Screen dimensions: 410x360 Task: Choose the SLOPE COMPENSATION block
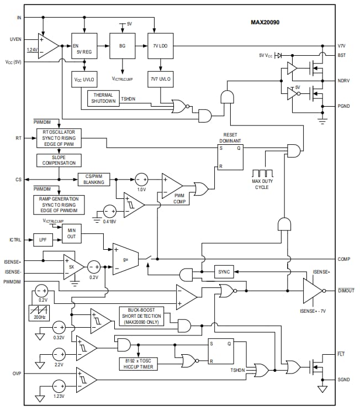[x=59, y=160]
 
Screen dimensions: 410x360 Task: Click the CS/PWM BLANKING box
[x=94, y=179]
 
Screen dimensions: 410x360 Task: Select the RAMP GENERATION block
[x=59, y=204]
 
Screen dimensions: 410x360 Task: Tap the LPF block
[x=43, y=240]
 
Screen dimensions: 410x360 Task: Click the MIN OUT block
[x=71, y=233]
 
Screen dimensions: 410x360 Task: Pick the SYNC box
[x=224, y=272]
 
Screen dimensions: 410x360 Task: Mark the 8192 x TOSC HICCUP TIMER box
[x=137, y=364]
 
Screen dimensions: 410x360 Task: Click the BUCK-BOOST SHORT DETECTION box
[x=141, y=316]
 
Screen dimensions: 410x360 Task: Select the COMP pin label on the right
[x=343, y=259]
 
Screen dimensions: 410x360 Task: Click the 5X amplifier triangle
[x=72, y=266]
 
